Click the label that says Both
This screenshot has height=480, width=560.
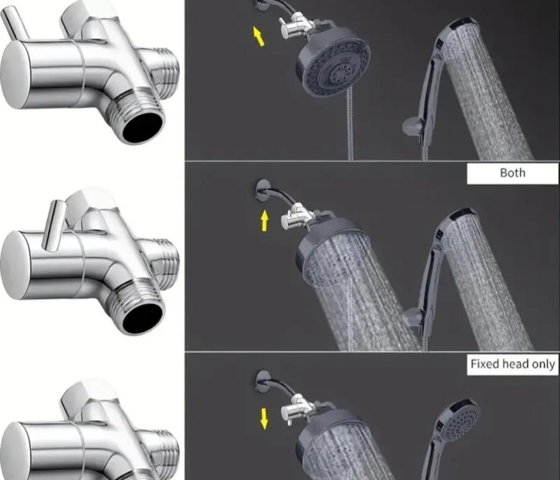click(512, 173)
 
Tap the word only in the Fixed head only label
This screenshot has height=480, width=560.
click(543, 364)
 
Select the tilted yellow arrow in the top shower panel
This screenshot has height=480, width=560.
click(259, 36)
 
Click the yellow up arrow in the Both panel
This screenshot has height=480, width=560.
click(264, 220)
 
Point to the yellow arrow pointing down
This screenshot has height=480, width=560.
click(264, 418)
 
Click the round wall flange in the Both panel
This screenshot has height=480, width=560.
click(263, 191)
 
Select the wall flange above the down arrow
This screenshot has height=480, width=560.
click(263, 381)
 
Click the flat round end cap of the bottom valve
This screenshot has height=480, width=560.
click(15, 453)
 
